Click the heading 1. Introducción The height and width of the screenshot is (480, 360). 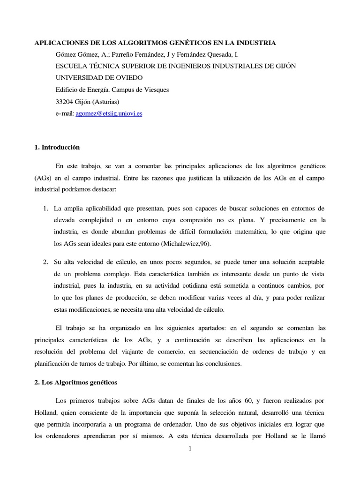coord(57,147)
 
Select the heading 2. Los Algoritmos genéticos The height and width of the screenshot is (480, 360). coord(76,382)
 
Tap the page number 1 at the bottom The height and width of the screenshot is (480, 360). coord(190,449)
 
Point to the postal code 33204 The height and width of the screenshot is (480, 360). coord(65,101)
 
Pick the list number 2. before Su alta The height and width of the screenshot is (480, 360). coord(45,261)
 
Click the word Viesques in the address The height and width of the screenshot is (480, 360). coord(154,90)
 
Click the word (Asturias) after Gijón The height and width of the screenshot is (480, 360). coord(106,101)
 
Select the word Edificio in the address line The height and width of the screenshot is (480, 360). coord(67,90)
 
